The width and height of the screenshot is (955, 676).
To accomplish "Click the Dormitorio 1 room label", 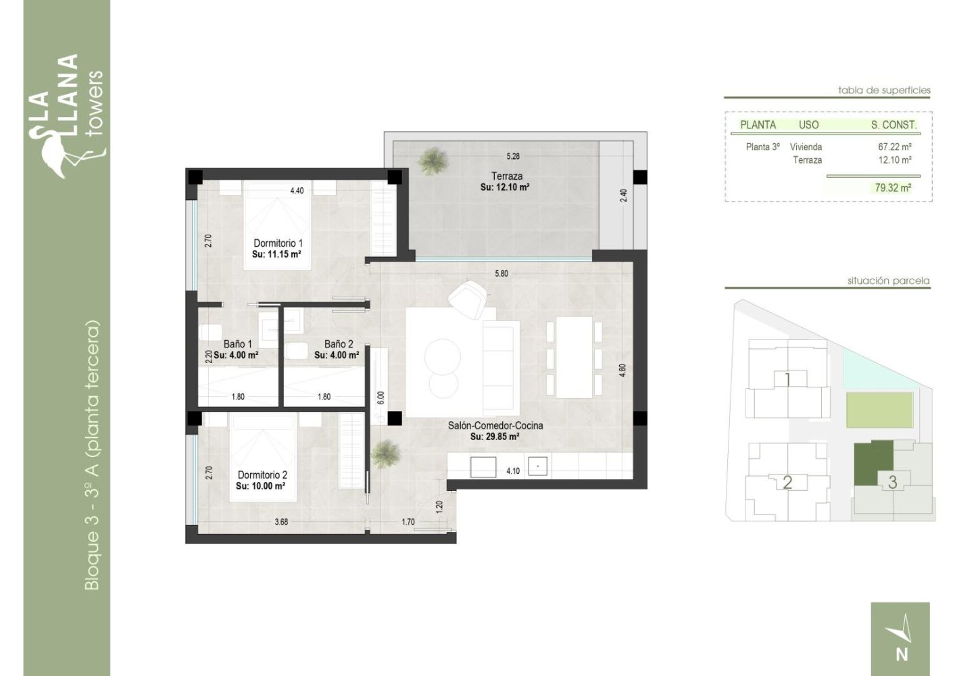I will [278, 243].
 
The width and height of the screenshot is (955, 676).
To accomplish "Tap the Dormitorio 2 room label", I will [262, 475].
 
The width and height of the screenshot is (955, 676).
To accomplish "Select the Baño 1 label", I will [237, 344].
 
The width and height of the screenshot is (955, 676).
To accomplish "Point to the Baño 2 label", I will [338, 344].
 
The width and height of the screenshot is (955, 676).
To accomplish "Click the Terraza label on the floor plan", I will [506, 176].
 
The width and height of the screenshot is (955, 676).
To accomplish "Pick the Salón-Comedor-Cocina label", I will [495, 426].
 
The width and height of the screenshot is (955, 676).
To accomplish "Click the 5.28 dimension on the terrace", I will [513, 156].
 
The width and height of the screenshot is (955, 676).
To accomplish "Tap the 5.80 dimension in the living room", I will [501, 274].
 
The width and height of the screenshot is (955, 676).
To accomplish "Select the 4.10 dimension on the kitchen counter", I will [513, 470].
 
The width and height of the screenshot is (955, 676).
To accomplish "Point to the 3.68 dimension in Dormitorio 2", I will [281, 521].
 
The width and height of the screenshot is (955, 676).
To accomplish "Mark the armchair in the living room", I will [468, 298].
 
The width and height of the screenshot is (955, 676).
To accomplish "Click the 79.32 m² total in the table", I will [892, 188].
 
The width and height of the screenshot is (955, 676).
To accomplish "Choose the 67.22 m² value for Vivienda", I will [894, 147].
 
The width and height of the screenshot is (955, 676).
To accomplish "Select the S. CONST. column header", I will [893, 125].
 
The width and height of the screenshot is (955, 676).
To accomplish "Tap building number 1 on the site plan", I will [787, 379].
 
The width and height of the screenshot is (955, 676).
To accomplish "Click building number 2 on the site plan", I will [787, 483].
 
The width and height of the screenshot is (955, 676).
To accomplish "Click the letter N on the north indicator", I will [901, 654].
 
